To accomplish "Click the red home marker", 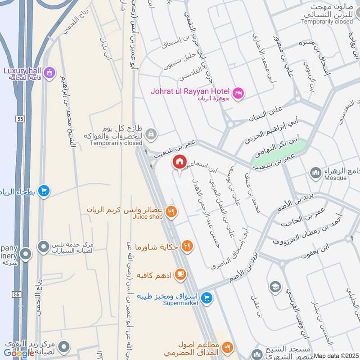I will [180, 162].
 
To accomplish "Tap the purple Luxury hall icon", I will [49, 71].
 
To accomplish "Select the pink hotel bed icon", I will [238, 92].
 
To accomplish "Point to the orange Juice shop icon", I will [171, 211].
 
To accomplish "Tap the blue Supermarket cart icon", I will [207, 297].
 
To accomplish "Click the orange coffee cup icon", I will [180, 274].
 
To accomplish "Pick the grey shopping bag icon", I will [152, 133].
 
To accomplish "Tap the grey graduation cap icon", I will [275, 286].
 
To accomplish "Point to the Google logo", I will [19, 353].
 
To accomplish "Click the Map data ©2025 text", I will [336, 355].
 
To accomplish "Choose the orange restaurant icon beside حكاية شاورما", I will [188, 247].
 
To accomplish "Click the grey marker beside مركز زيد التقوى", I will [64, 346].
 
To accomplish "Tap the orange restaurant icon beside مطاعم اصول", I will [227, 347].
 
